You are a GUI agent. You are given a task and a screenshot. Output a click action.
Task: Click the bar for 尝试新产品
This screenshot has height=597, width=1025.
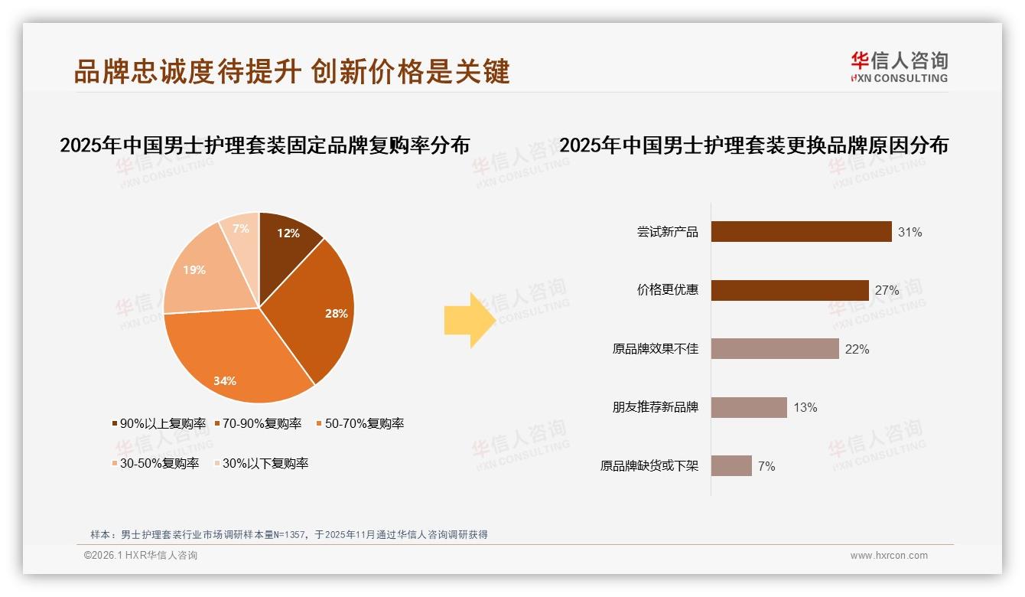coord(801,232)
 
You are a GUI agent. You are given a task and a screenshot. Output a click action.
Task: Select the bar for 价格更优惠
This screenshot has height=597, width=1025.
coord(789,291)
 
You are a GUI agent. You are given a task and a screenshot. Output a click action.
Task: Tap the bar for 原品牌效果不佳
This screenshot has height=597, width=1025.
coord(775,349)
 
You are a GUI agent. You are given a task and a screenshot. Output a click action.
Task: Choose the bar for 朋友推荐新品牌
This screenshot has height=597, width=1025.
coord(749,407)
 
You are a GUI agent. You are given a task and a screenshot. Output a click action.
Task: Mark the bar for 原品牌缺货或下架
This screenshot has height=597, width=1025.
coord(731,466)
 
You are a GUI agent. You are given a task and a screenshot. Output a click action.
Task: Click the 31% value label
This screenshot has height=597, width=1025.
coord(910,232)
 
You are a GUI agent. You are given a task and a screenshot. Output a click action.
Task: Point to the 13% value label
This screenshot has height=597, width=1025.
coord(805,407)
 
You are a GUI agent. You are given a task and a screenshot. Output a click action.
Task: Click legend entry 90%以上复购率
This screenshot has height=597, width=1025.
coord(159,423)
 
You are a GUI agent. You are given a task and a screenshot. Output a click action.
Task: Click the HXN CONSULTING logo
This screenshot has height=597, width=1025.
coord(899,67)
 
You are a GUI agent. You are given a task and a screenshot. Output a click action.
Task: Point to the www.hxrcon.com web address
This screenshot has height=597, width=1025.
coord(889,556)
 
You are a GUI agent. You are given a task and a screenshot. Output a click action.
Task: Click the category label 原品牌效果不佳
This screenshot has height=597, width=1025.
coord(656,349)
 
